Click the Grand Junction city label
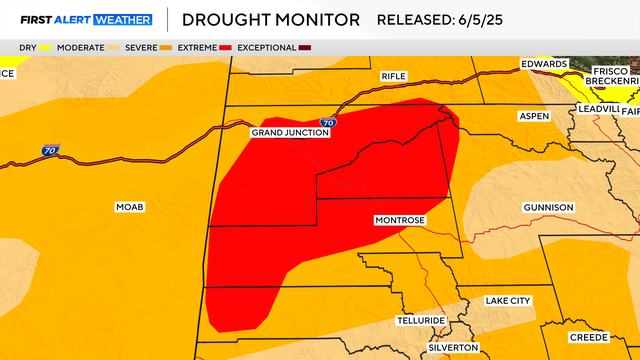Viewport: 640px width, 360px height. pyautogui.click(x=289, y=132)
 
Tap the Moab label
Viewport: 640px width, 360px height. pyautogui.click(x=130, y=207)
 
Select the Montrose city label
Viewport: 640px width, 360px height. pyautogui.click(x=400, y=220)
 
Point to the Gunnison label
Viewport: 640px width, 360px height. pyautogui.click(x=548, y=207)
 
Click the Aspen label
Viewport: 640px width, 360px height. pyautogui.click(x=533, y=117)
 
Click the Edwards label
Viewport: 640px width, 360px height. pyautogui.click(x=545, y=64)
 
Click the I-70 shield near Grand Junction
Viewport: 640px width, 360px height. pyautogui.click(x=328, y=122)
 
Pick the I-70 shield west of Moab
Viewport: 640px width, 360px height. pyautogui.click(x=50, y=151)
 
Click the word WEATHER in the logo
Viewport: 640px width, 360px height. pyautogui.click(x=120, y=20)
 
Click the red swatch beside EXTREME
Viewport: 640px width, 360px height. pyautogui.click(x=226, y=47)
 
